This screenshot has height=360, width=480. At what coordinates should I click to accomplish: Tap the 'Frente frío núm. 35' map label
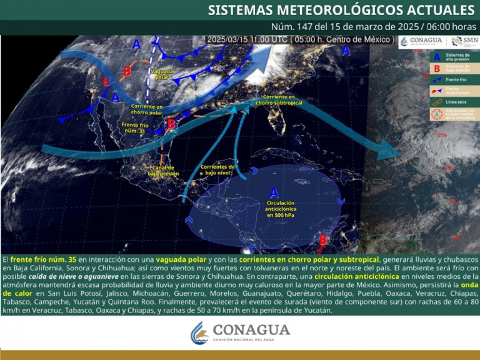tap(134, 129)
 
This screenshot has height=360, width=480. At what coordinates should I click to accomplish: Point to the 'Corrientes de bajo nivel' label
tap(217, 169)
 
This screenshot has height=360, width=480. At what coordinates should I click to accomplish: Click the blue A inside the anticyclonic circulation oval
tap(274, 193)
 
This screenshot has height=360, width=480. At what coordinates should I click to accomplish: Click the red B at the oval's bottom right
tap(323, 239)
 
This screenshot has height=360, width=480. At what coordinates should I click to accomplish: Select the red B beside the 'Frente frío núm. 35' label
tap(171, 124)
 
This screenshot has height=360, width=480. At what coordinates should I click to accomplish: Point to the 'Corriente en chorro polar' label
tap(147, 111)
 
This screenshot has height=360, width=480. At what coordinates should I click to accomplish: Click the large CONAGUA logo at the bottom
tap(240, 331)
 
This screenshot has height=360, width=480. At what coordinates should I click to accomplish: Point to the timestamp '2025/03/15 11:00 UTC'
tap(247, 39)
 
